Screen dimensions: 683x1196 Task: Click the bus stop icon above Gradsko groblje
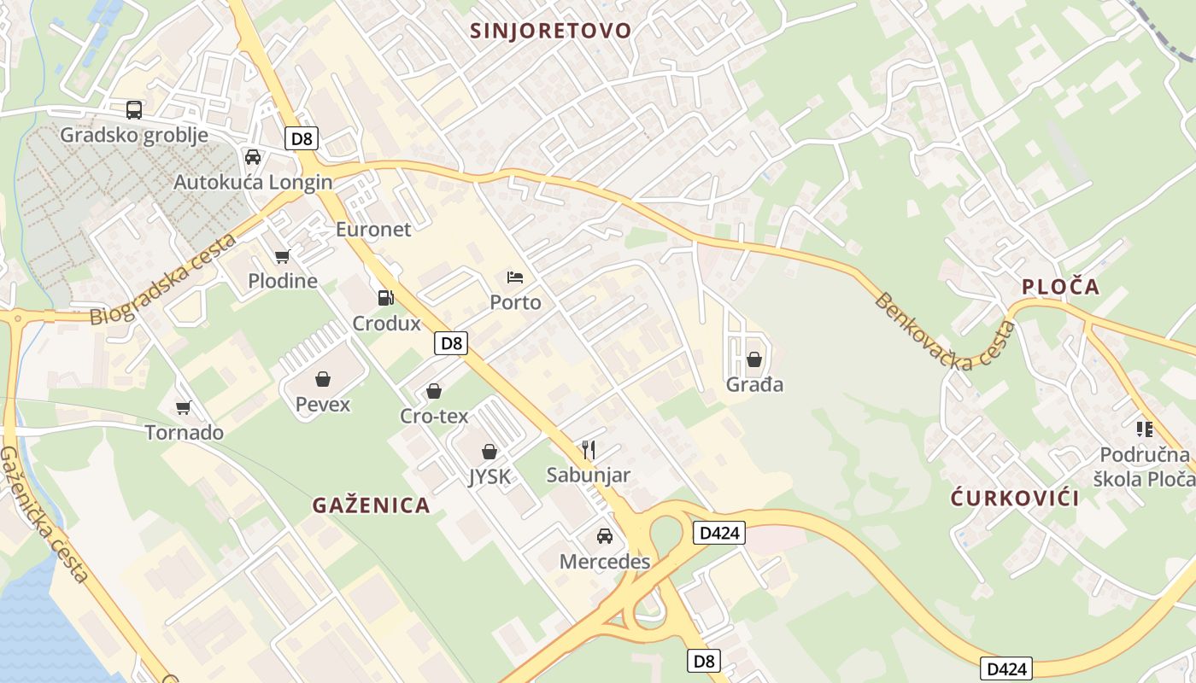click(134, 109)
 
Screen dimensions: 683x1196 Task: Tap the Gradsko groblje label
click(134, 135)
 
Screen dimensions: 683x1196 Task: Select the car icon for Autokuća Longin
click(253, 157)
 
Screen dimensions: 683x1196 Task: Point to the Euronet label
click(373, 229)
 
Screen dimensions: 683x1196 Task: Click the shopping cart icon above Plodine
click(283, 256)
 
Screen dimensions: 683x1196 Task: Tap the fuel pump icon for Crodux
click(386, 298)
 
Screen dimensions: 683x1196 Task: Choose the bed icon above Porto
click(515, 277)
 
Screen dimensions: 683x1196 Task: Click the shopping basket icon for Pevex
click(323, 379)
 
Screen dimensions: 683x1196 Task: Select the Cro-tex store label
click(434, 416)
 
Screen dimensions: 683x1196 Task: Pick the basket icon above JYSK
click(490, 452)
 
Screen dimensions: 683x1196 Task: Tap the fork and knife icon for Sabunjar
click(589, 450)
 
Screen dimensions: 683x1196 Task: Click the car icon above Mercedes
click(605, 536)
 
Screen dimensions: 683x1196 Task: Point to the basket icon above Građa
click(754, 359)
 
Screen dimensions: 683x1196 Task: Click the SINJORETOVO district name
click(551, 31)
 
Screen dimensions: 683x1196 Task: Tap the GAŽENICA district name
click(371, 505)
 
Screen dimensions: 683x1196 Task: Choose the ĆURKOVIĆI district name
click(1015, 499)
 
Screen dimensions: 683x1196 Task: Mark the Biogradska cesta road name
click(163, 280)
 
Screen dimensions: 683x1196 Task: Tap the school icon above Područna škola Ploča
click(1145, 429)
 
